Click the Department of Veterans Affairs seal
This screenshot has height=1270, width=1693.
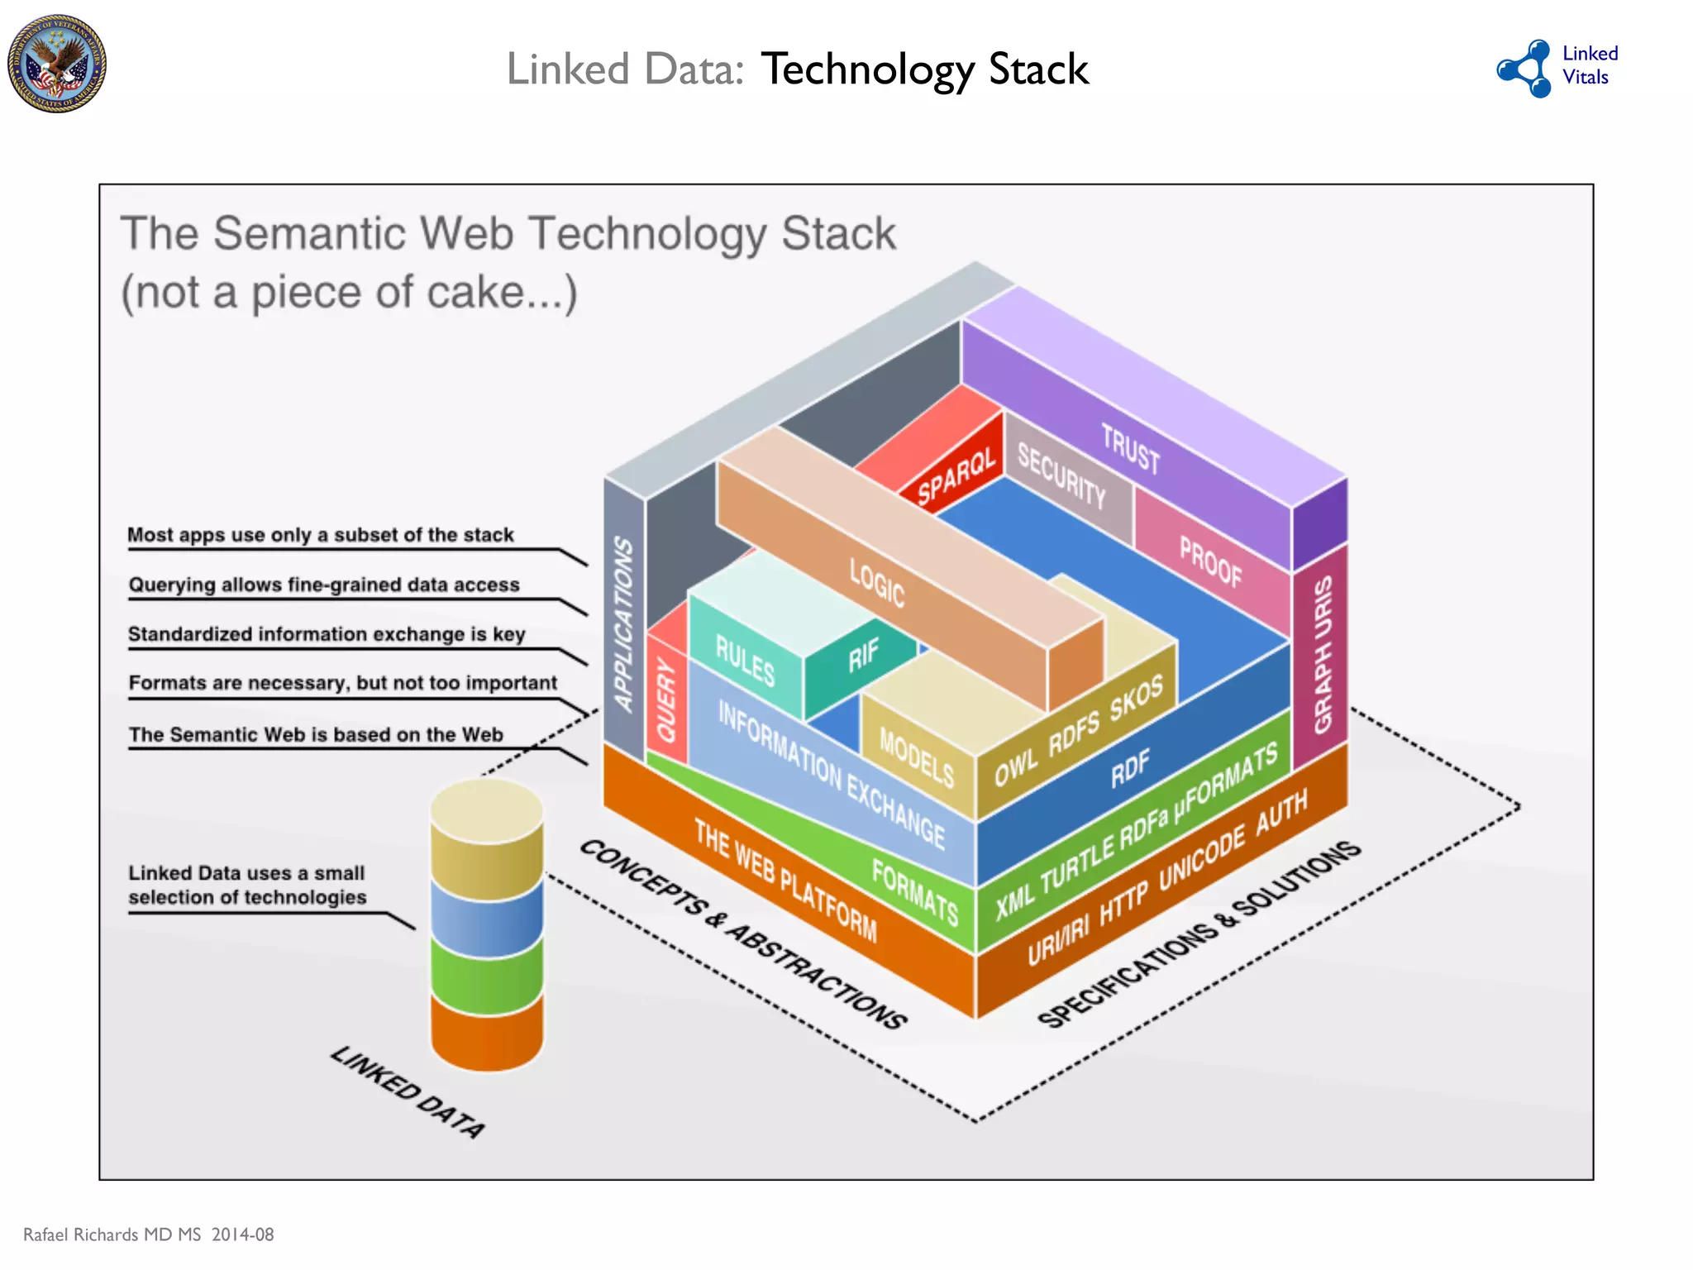pyautogui.click(x=57, y=64)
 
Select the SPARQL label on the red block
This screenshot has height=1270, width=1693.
pyautogui.click(x=956, y=477)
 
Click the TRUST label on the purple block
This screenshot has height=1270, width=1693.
pyautogui.click(x=1130, y=449)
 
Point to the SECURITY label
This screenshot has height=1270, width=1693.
pyautogui.click(x=1061, y=475)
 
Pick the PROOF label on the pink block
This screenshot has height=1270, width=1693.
pyautogui.click(x=1210, y=561)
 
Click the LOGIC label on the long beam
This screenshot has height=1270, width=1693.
pyautogui.click(x=877, y=582)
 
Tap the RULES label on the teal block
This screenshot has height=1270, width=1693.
pyautogui.click(x=745, y=661)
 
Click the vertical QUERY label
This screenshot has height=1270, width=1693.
pyautogui.click(x=666, y=699)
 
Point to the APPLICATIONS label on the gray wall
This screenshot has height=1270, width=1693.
pyautogui.click(x=623, y=624)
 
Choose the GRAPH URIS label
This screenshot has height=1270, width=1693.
pyautogui.click(x=1323, y=654)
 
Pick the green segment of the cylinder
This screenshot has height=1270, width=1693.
pyautogui.click(x=487, y=976)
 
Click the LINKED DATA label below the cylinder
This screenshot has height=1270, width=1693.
pyautogui.click(x=408, y=1091)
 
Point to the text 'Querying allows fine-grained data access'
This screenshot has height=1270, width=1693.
pyautogui.click(x=324, y=585)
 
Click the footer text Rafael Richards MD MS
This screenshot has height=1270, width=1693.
pyautogui.click(x=112, y=1234)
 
